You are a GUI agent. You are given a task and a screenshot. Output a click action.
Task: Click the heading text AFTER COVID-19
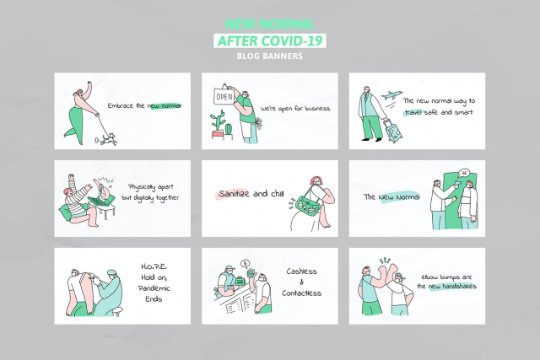coord(269,40)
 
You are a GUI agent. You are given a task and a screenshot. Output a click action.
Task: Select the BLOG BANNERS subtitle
coord(269,56)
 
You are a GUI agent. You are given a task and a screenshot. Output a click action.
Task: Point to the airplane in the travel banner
coord(391,95)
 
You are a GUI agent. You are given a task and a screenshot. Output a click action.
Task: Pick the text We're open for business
coord(294,108)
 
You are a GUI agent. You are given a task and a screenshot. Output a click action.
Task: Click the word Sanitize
coord(235,193)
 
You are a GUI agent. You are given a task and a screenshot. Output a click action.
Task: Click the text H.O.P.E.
coord(154,266)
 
